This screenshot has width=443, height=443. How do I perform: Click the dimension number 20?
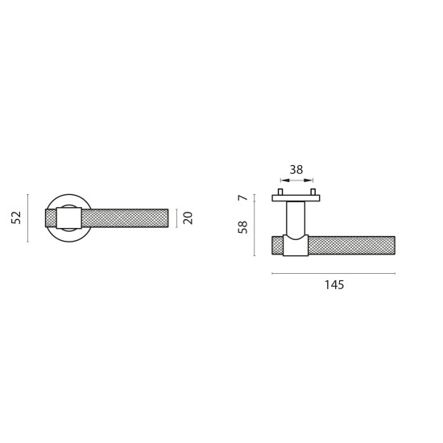(188, 217)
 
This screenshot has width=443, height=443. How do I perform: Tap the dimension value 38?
(296, 169)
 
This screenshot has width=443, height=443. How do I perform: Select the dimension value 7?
(243, 197)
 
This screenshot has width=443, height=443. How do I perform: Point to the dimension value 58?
(242, 227)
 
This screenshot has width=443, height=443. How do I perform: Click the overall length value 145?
(334, 285)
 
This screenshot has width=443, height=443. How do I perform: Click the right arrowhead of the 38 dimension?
(308, 180)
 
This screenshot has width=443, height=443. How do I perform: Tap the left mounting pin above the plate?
(280, 192)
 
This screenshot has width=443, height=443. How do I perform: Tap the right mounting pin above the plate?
(313, 192)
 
